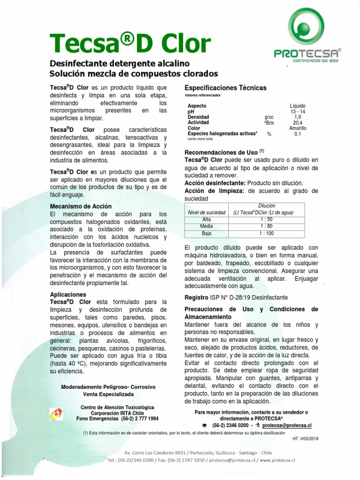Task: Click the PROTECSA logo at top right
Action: pos(307,38)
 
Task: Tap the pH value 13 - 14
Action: pos(297,112)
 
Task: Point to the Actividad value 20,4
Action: pos(298,122)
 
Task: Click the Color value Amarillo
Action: pos(298,128)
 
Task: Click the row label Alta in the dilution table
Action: pos(206,219)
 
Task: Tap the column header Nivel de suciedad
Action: pos(206,212)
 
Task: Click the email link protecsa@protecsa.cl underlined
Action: pos(287,425)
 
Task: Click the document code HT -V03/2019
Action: pos(305,439)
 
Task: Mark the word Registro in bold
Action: pos(196,297)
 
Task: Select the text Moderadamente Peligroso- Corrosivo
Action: pos(108,387)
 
